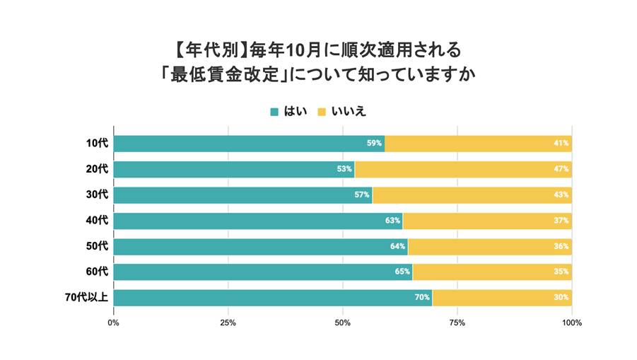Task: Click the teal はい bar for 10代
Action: (247, 144)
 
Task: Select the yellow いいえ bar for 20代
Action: (463, 169)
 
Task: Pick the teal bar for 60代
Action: (262, 272)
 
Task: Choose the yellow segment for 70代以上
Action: (502, 297)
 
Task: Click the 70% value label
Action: (422, 297)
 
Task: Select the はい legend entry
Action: (288, 111)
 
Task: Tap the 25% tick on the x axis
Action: (228, 323)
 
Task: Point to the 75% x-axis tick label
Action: (457, 323)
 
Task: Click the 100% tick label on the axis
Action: (571, 323)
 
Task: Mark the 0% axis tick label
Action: (113, 323)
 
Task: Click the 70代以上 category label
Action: (86, 297)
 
